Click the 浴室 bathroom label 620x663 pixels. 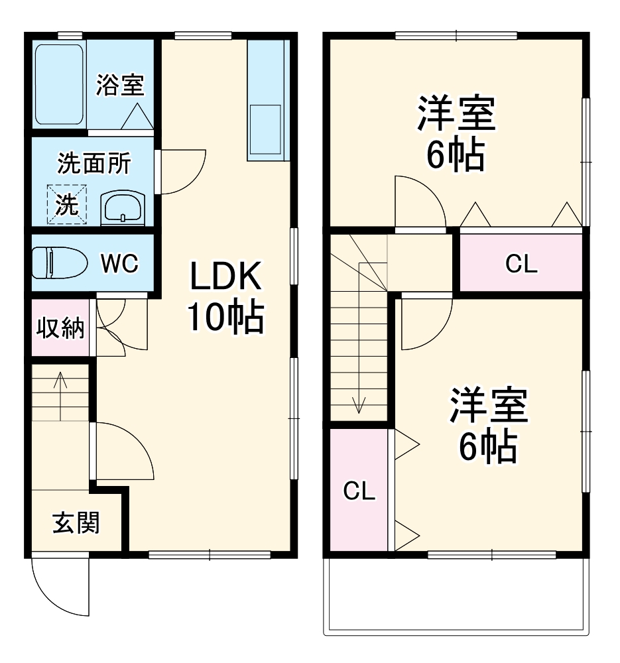[120, 85]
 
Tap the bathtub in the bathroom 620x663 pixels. [59, 84]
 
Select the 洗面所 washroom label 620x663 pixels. [93, 163]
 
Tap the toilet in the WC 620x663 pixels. [59, 263]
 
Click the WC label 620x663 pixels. [119, 264]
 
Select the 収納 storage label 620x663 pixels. [60, 328]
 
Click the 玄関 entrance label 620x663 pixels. [76, 524]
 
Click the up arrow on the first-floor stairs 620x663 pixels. [60, 388]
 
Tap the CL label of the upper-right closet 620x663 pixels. [521, 264]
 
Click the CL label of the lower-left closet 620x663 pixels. [359, 491]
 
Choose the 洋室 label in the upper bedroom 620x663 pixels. [456, 114]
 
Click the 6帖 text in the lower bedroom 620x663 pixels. [488, 448]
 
